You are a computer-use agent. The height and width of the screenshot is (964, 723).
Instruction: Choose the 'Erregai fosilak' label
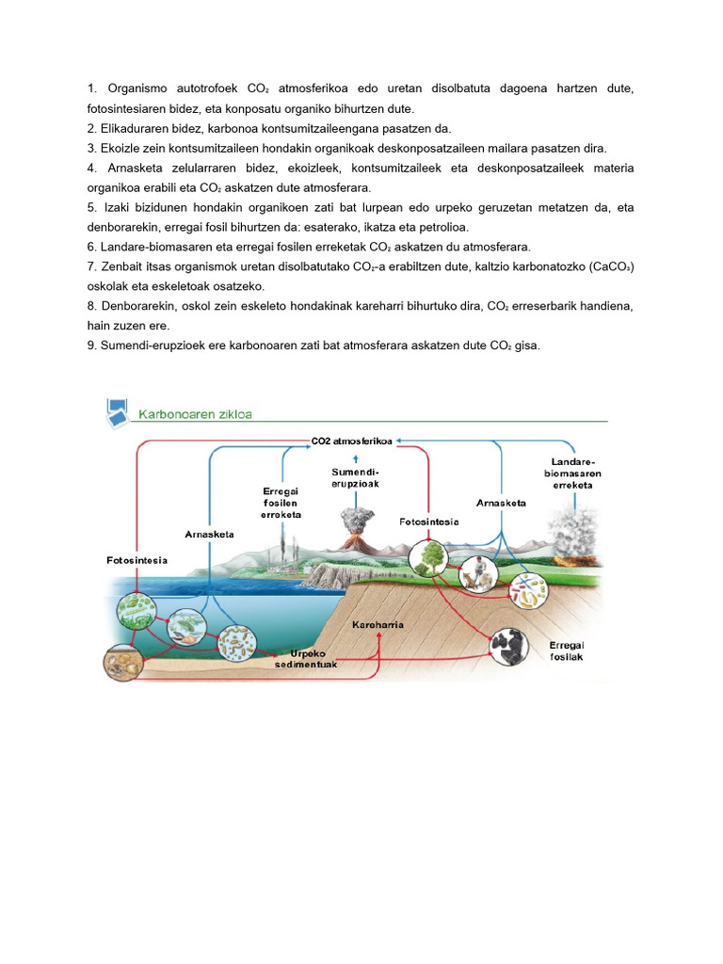(566, 651)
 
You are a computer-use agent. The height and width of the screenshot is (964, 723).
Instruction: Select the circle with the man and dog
(478, 574)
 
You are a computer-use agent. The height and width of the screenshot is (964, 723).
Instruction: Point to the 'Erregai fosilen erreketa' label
(281, 503)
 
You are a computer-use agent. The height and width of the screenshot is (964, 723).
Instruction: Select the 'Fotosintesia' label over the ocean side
(137, 560)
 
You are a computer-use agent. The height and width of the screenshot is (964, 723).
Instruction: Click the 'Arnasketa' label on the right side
(501, 503)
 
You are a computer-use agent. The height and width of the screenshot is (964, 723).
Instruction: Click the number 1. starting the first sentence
(91, 88)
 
